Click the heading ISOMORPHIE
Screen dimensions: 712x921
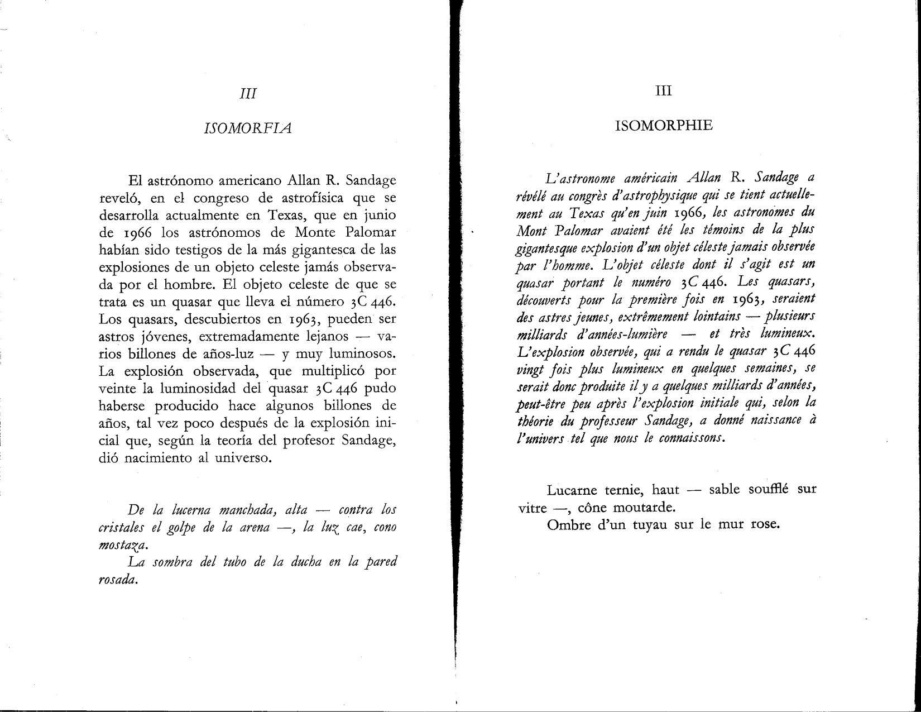(x=664, y=125)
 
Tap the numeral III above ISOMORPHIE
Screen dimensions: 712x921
(x=663, y=91)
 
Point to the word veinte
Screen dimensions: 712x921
(x=117, y=388)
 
